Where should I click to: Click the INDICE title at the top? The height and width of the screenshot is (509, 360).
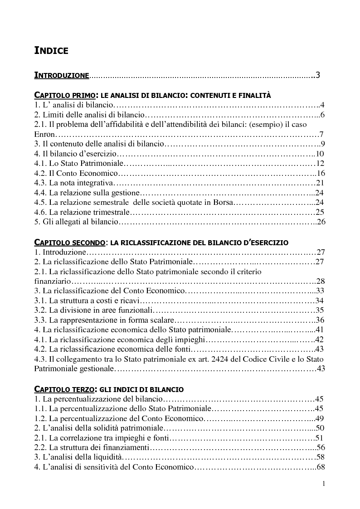pos(51,50)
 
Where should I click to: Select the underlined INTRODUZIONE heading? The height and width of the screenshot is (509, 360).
pos(62,75)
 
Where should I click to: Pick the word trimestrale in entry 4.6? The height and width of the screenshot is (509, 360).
pos(111,212)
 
